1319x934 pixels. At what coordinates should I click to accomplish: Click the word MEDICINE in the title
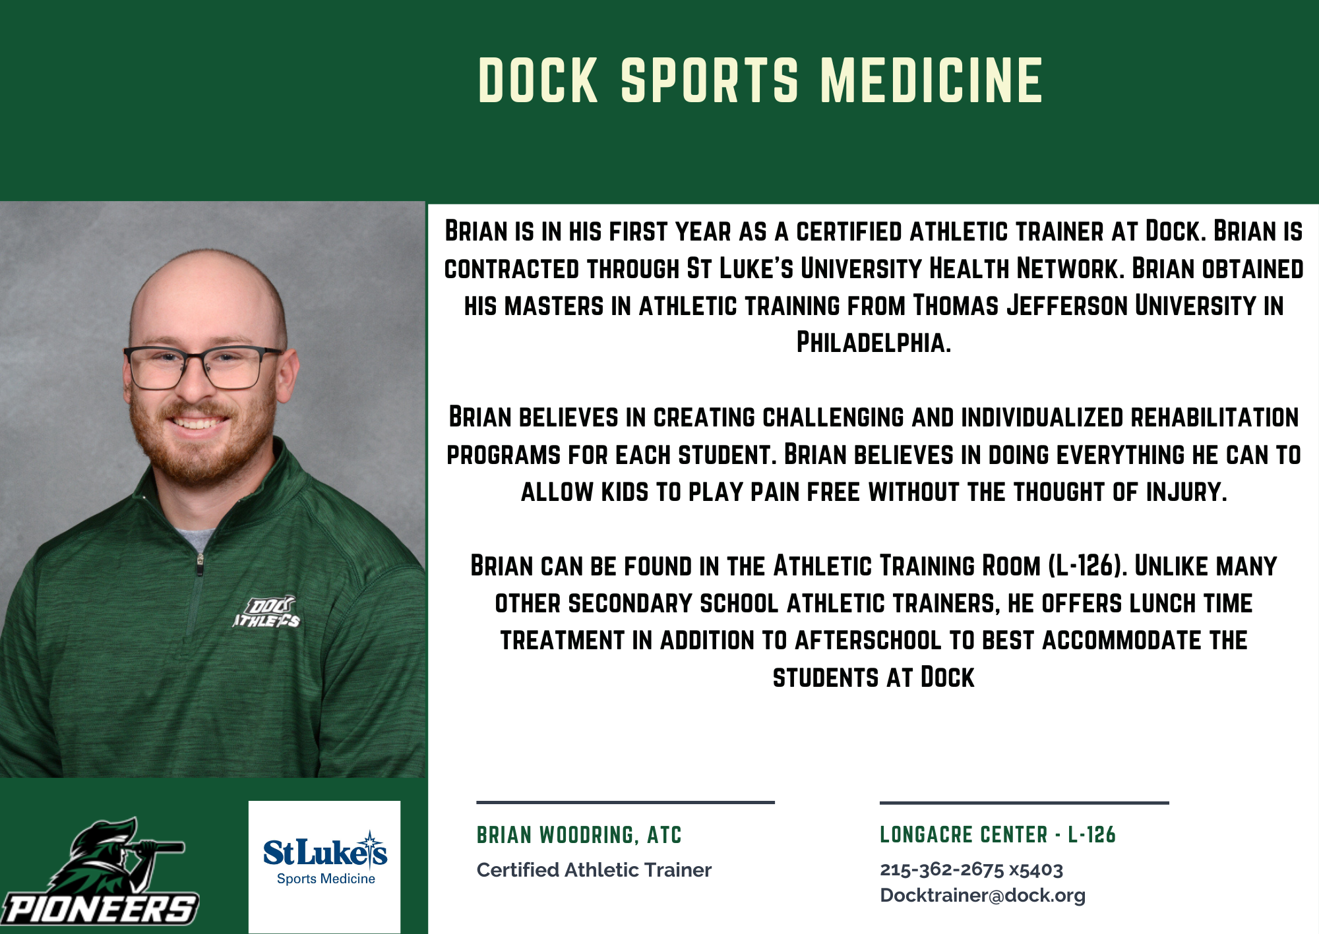pos(932,80)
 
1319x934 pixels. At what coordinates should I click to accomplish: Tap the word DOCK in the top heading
pos(538,80)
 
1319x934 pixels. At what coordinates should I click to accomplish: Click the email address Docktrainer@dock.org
pos(983,896)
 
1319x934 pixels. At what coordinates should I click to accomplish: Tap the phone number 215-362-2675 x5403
pos(971,869)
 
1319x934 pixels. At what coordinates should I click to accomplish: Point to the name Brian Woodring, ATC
pos(579,835)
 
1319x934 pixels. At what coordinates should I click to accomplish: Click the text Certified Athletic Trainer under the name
pos(594,870)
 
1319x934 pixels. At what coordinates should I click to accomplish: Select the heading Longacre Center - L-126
pos(997,834)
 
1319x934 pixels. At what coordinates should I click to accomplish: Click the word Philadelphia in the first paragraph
pos(874,343)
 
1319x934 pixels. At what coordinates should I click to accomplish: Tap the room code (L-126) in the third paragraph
pos(1088,566)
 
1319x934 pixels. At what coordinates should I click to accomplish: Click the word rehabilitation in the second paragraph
pos(1215,417)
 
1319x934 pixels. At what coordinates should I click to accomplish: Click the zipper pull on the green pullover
pos(200,565)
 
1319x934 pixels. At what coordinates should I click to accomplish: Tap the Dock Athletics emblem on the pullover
pos(266,612)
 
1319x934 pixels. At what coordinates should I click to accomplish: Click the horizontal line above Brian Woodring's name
pos(625,802)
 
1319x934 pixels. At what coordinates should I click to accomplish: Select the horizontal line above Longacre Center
pos(1024,803)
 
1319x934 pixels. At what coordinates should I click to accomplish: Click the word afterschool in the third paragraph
pos(868,641)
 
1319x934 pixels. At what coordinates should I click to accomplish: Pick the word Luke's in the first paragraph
pos(756,269)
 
